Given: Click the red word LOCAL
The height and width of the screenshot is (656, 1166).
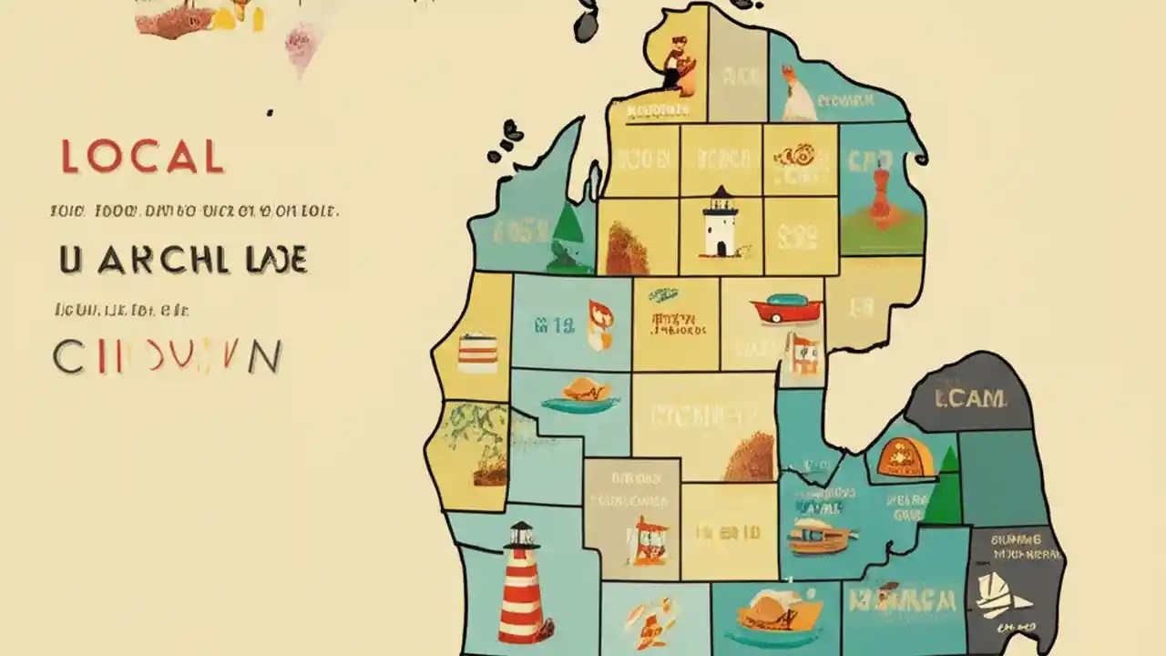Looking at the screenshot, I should [142, 157].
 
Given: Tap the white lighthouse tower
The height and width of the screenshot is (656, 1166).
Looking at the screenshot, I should [721, 228].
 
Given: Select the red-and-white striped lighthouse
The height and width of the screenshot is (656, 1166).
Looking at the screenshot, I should [523, 583].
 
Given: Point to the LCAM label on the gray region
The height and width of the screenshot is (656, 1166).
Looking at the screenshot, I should [970, 398].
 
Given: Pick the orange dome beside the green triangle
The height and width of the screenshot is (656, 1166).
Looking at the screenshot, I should [907, 457].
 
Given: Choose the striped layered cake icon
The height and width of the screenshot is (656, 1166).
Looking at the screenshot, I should [477, 353].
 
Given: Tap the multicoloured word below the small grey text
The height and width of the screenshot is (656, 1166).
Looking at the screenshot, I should [167, 356].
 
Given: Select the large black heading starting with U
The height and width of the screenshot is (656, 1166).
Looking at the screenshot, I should [183, 260].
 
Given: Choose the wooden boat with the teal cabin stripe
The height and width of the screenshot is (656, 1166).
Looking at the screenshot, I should [817, 537].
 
